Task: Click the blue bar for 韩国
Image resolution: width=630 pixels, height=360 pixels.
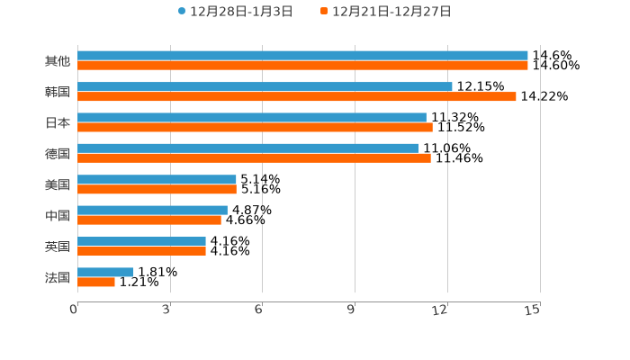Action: click(265, 86)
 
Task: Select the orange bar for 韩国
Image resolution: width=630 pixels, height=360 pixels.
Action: click(297, 96)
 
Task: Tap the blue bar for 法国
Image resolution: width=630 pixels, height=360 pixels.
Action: click(105, 272)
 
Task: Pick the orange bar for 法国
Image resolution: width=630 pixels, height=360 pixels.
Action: click(96, 282)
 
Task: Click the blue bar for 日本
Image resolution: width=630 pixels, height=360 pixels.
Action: click(252, 117)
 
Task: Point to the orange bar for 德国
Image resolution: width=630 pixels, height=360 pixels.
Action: click(254, 157)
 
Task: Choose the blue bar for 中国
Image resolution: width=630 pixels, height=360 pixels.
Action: click(152, 210)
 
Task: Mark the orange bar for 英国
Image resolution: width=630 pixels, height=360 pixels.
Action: click(141, 251)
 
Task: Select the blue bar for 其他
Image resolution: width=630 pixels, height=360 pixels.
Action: click(302, 56)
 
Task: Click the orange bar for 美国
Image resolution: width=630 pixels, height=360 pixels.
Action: click(157, 189)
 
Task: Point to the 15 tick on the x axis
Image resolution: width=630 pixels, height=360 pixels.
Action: click(533, 310)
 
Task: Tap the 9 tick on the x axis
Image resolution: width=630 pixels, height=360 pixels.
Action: click(352, 310)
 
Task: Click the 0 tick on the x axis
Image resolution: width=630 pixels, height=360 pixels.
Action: click(75, 310)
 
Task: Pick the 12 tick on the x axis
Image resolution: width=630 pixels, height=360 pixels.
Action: click(441, 310)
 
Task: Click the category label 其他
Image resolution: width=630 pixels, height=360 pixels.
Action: click(57, 61)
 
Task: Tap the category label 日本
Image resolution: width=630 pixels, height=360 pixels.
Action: click(57, 122)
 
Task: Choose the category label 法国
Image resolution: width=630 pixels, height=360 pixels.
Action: click(57, 277)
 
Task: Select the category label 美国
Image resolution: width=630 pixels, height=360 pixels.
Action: click(57, 184)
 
